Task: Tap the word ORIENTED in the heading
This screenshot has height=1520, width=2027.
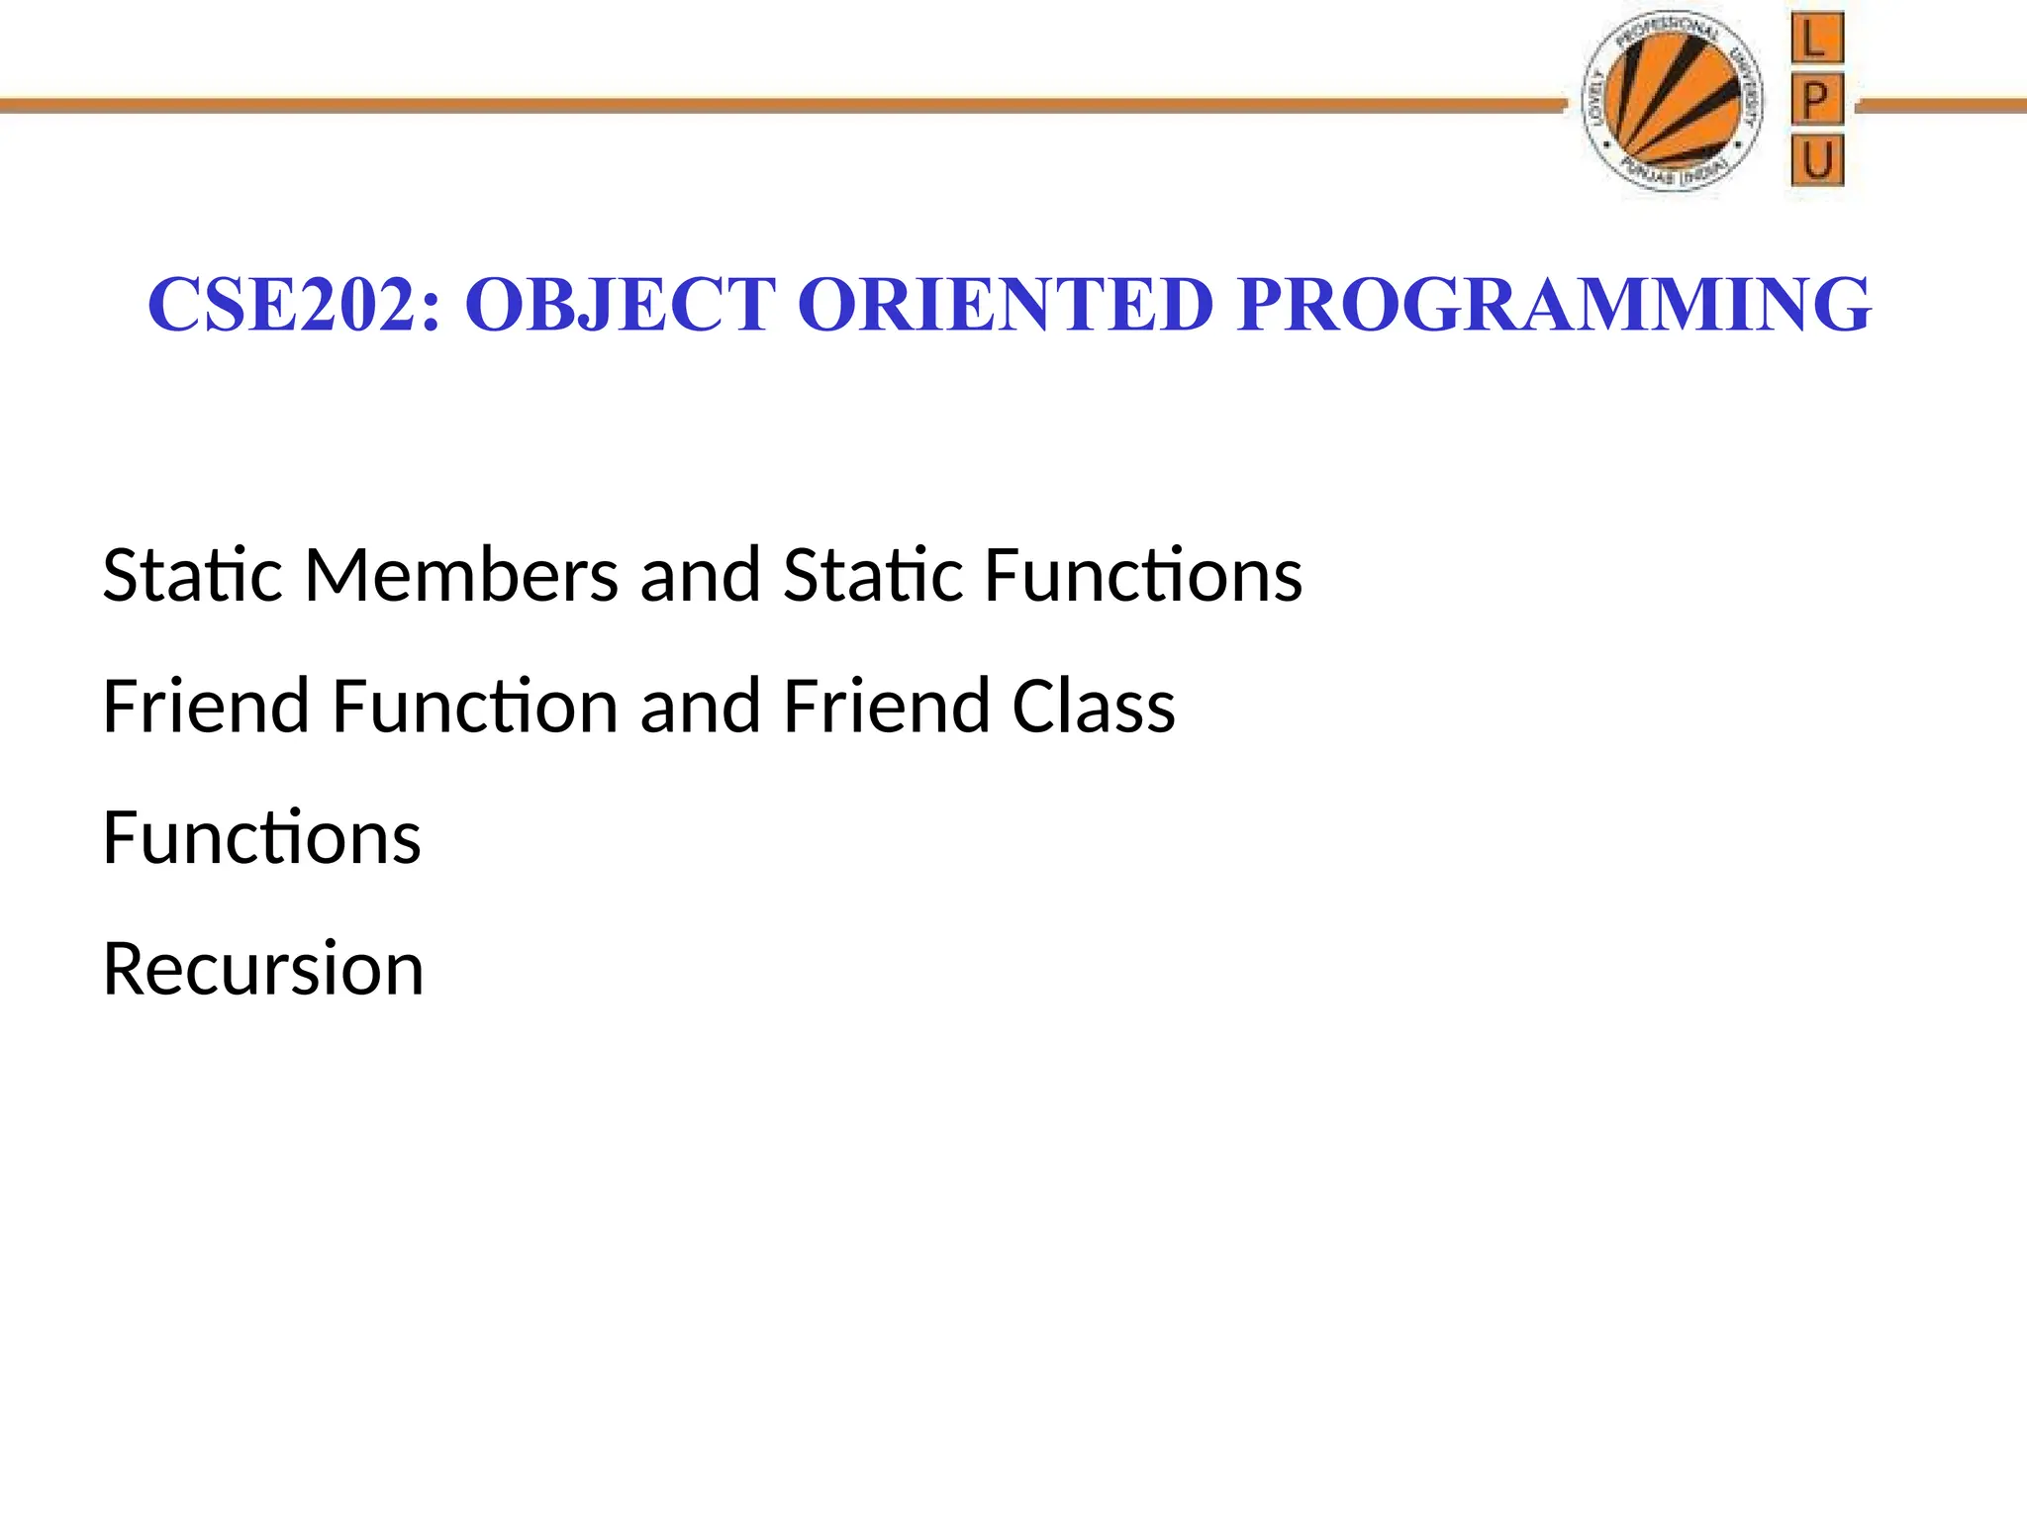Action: (1005, 305)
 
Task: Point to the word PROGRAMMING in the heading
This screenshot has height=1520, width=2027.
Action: (1554, 305)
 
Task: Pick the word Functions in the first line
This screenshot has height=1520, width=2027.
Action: (1143, 575)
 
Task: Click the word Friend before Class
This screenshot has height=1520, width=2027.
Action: (887, 707)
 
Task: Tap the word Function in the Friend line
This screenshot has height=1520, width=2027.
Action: (474, 707)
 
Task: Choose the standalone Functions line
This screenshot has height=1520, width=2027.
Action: (261, 838)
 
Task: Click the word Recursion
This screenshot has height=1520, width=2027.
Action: (263, 969)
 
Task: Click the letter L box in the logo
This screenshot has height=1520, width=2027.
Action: (1816, 40)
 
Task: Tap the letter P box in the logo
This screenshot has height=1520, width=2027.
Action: (1816, 100)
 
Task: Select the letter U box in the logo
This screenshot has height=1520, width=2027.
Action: (1817, 160)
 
